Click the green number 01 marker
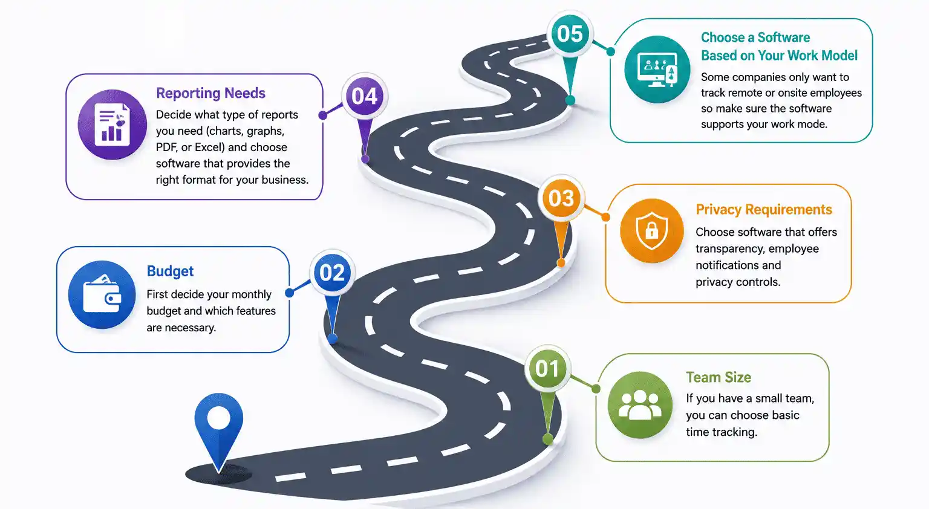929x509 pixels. pyautogui.click(x=547, y=369)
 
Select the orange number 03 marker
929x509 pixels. pyautogui.click(x=561, y=198)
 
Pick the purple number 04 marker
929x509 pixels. pyautogui.click(x=365, y=96)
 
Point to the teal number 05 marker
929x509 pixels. pyautogui.click(x=570, y=34)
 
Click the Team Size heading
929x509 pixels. pyautogui.click(x=719, y=377)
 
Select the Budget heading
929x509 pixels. pyautogui.click(x=170, y=271)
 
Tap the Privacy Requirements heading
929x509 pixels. pyautogui.click(x=764, y=209)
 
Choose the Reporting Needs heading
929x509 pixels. pyautogui.click(x=210, y=93)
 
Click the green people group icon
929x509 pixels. pyautogui.click(x=640, y=405)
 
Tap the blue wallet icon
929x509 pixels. pyautogui.click(x=102, y=295)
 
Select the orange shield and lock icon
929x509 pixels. pyautogui.click(x=651, y=231)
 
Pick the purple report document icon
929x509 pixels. pyautogui.click(x=112, y=125)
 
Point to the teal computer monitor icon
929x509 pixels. pyautogui.click(x=657, y=70)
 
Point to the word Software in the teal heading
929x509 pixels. pyautogui.click(x=784, y=37)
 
